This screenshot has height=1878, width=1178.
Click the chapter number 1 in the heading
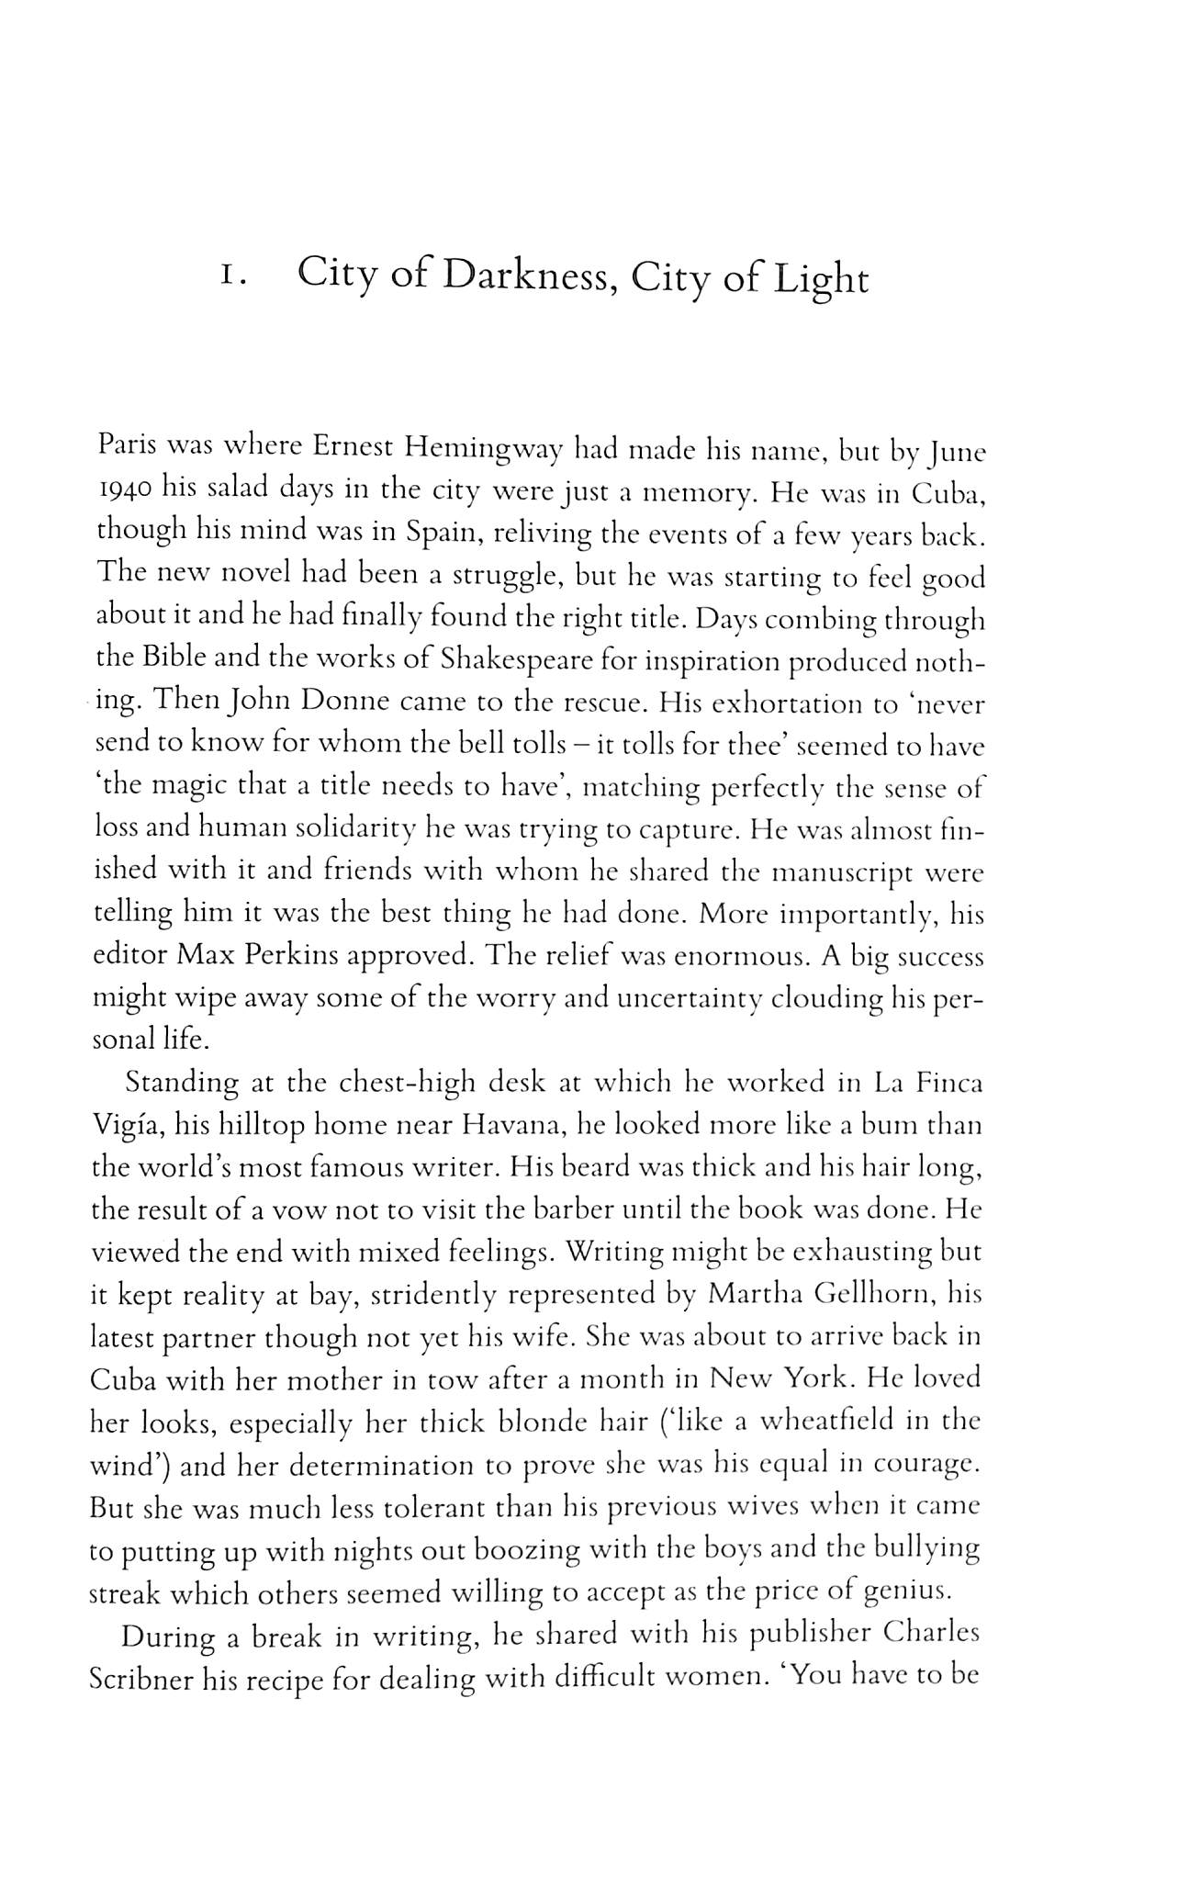point(230,277)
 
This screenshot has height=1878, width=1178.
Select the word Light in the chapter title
point(820,280)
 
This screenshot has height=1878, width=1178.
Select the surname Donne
point(346,703)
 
